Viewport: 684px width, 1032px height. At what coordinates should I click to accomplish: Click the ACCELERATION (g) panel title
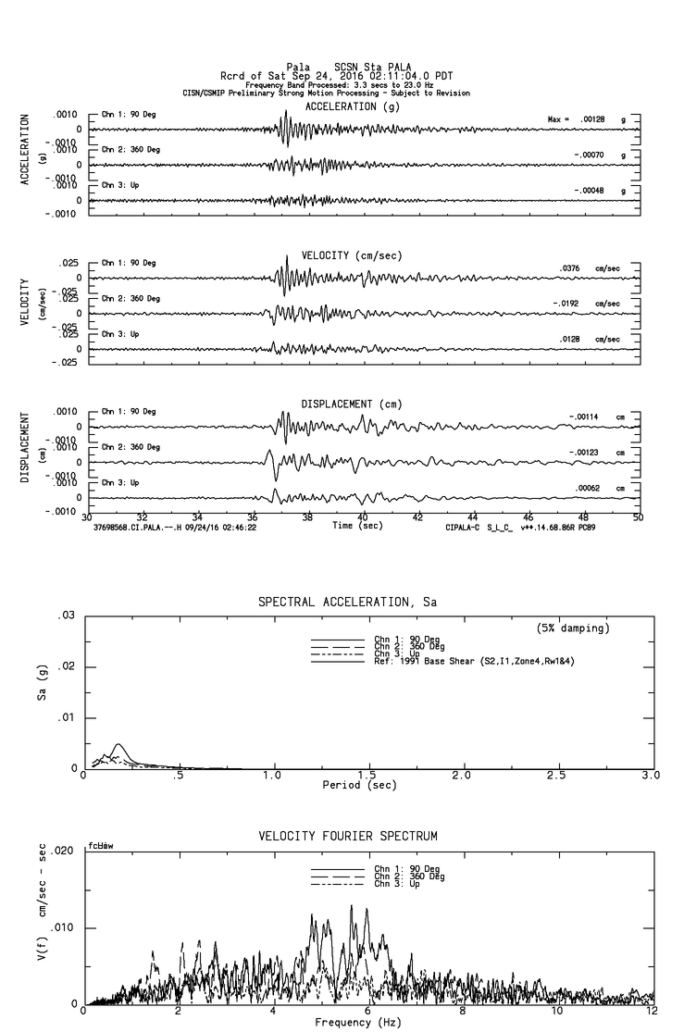[354, 106]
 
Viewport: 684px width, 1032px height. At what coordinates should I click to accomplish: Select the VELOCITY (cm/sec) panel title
[352, 255]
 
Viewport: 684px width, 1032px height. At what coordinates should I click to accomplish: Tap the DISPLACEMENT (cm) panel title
[352, 404]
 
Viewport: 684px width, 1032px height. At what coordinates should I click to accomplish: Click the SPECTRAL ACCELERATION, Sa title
[347, 602]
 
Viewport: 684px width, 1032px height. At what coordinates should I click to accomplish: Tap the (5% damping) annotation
[573, 628]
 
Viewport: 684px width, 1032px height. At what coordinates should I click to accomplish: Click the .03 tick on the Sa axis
[66, 615]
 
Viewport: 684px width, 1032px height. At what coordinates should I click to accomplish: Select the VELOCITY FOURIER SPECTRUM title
[348, 837]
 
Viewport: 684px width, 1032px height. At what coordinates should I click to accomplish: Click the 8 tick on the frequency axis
[462, 1013]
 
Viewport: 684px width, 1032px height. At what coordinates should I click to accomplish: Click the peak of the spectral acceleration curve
[118, 744]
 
